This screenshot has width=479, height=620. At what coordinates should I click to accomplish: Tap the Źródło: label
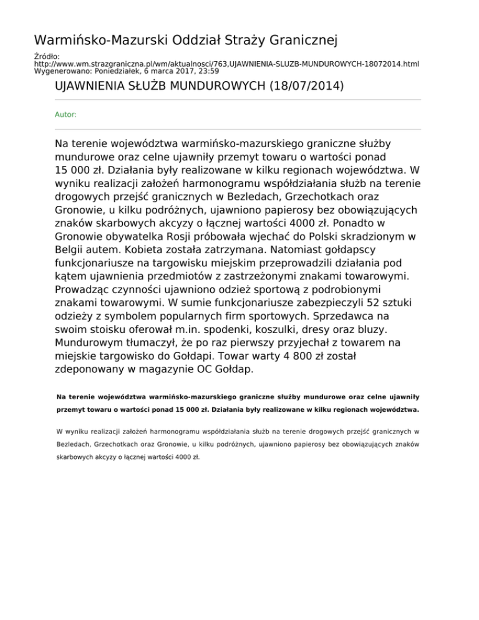(x=47, y=57)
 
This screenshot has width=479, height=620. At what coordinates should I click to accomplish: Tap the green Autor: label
(x=66, y=115)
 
